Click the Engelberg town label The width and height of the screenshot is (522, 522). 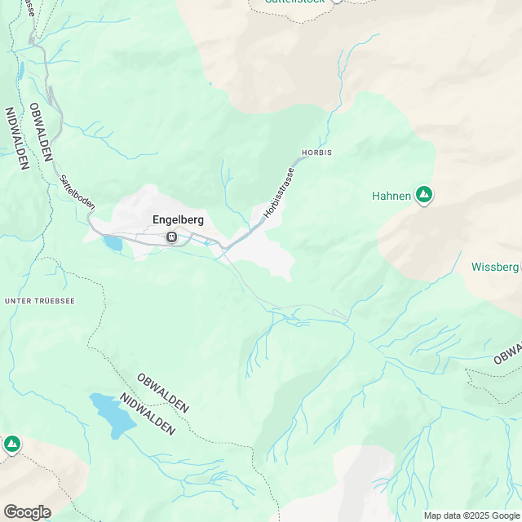(x=178, y=219)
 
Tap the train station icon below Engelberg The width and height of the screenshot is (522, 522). (x=171, y=237)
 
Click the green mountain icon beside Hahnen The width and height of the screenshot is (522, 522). (x=423, y=195)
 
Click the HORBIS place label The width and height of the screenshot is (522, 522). (x=316, y=153)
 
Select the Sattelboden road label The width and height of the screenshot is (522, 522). (x=73, y=192)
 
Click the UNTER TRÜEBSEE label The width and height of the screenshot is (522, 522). (x=40, y=301)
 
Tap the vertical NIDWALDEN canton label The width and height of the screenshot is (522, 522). (x=15, y=139)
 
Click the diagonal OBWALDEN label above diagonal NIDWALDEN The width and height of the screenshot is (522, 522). (x=163, y=392)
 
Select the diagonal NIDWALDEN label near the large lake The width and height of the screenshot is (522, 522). (x=148, y=414)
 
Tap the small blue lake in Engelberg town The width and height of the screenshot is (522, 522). (x=113, y=242)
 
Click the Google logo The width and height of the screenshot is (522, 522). (x=26, y=511)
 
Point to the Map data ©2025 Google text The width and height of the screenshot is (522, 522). (x=471, y=515)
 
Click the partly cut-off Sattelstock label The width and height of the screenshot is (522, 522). (x=294, y=2)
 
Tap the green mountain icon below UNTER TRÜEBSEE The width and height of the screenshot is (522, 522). (x=11, y=445)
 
